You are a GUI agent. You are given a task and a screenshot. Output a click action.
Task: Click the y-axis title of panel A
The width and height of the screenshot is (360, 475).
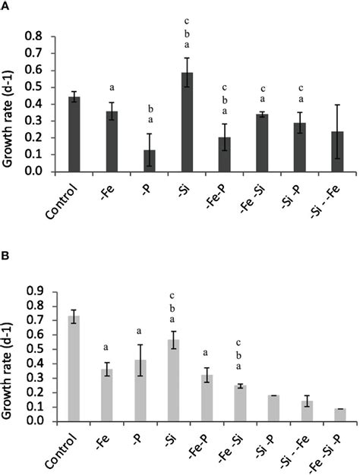(11, 102)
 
